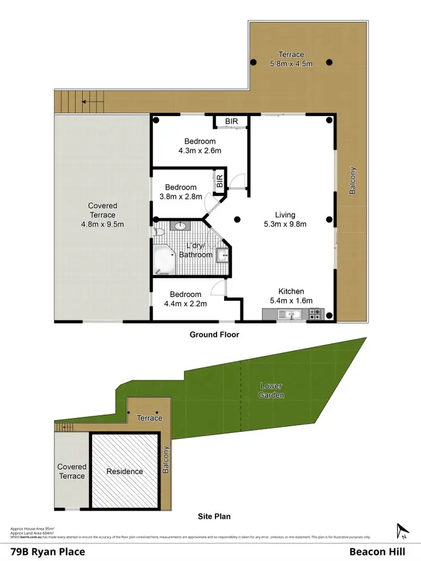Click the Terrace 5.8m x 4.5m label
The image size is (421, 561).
click(x=291, y=59)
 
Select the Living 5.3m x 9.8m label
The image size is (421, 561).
click(x=285, y=219)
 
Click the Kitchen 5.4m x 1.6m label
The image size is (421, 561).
click(x=291, y=296)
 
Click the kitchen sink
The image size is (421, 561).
click(x=291, y=315)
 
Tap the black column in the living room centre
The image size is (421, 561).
click(x=237, y=219)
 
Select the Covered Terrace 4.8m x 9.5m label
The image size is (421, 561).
click(x=103, y=215)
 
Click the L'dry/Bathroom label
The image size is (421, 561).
click(x=196, y=250)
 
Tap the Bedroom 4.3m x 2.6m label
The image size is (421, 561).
click(x=200, y=146)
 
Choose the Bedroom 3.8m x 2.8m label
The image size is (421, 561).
click(x=181, y=192)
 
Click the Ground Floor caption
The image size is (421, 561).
click(x=214, y=335)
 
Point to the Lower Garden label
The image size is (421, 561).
click(x=272, y=390)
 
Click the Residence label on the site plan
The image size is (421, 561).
click(x=125, y=472)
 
